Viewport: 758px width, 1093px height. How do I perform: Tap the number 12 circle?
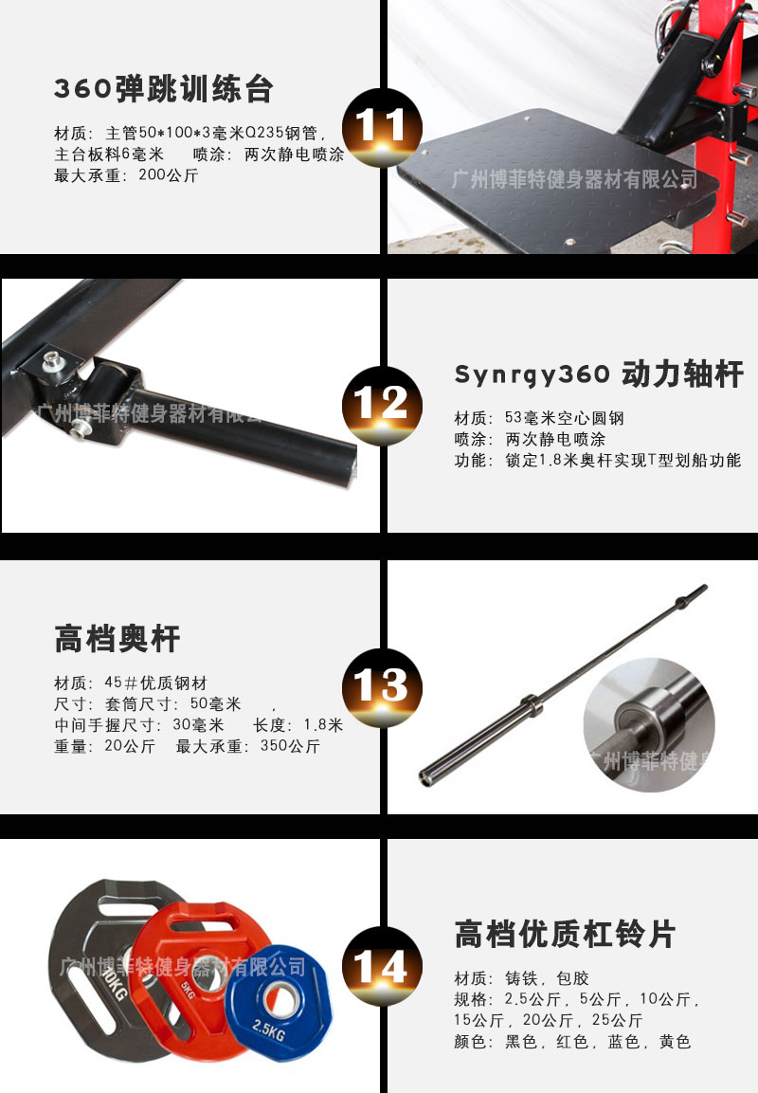[x=381, y=406]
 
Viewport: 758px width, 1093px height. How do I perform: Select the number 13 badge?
[x=381, y=685]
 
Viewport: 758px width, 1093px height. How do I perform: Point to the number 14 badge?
[x=381, y=967]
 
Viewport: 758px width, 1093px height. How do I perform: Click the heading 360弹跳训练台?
[x=164, y=89]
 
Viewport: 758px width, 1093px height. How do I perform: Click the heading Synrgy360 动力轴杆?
[x=598, y=374]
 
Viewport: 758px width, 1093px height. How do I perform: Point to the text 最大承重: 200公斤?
[x=126, y=175]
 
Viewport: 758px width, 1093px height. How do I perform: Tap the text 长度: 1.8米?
[x=298, y=725]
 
